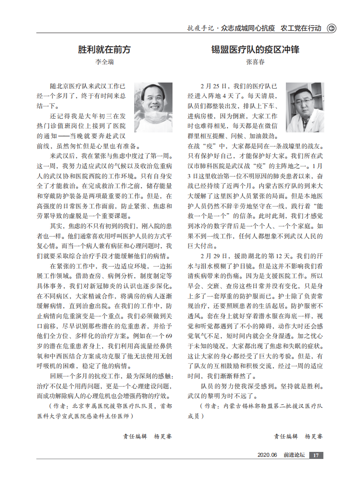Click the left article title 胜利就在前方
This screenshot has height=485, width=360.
105,49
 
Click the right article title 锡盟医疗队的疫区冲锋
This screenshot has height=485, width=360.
255,49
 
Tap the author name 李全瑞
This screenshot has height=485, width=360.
105,63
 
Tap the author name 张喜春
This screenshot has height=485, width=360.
255,63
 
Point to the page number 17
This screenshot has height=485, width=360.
316,455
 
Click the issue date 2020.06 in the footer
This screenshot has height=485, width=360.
267,455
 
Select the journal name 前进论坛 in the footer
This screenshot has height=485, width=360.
294,455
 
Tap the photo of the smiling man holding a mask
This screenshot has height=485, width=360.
153,107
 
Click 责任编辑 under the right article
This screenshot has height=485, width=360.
286,436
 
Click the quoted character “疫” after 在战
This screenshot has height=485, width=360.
208,146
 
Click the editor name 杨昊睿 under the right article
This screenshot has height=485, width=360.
314,436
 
